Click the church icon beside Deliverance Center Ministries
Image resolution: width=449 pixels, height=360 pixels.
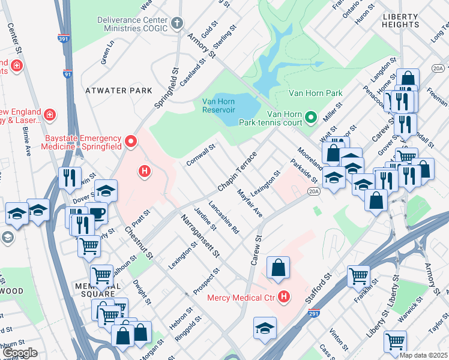[x=176, y=24]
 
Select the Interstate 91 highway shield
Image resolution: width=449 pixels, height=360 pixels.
[x=67, y=74]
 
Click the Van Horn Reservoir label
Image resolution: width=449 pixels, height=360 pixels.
[x=218, y=105]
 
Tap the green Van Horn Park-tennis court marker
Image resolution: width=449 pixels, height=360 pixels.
[x=310, y=116]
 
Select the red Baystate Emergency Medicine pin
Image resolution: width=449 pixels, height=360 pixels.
[x=131, y=143]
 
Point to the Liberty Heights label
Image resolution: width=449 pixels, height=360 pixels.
[x=400, y=20]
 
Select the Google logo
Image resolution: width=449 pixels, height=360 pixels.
[x=20, y=353]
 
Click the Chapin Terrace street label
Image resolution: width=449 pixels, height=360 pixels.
[x=237, y=172]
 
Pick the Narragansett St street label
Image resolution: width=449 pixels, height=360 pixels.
[x=199, y=236]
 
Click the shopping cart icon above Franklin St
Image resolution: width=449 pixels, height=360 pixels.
[x=358, y=276]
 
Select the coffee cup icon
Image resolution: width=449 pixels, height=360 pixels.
[x=96, y=213]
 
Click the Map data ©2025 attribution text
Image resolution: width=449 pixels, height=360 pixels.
[x=423, y=355]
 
